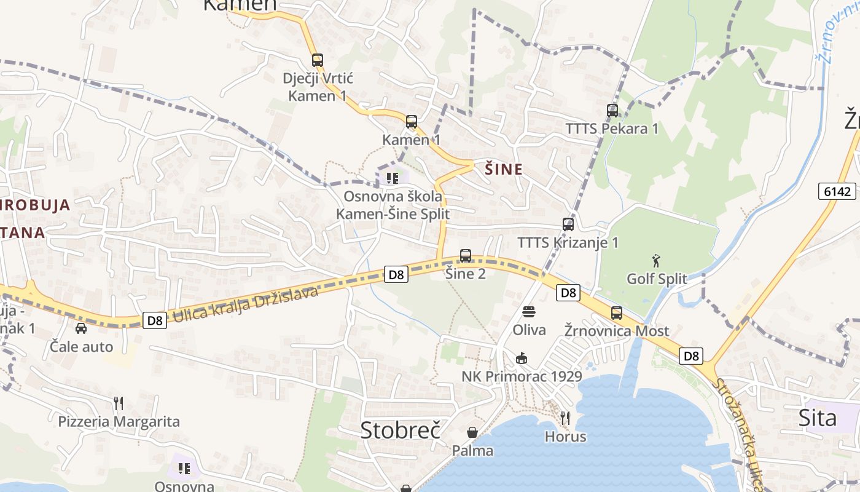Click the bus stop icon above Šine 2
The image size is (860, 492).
[466, 255]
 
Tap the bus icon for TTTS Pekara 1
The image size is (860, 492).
[612, 111]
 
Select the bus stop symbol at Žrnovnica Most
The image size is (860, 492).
[617, 312]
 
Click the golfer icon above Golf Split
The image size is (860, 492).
[656, 261]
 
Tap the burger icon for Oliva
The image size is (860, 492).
[529, 312]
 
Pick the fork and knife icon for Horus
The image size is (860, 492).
[565, 418]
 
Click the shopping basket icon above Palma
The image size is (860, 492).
[472, 432]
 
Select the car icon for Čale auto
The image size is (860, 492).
[81, 328]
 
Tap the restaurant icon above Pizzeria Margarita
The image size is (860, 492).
[119, 403]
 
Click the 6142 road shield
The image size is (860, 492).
[837, 191]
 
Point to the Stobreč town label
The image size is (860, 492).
[401, 430]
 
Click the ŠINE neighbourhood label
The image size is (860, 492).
[504, 170]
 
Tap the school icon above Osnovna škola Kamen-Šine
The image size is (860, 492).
[392, 178]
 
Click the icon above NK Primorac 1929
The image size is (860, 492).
[522, 358]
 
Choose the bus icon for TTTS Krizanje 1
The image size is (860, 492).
[568, 224]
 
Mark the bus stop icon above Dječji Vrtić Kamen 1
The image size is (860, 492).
[318, 60]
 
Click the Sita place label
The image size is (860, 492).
[818, 418]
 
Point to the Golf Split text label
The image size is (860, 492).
[657, 279]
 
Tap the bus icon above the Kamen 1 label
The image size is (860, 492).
[412, 122]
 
